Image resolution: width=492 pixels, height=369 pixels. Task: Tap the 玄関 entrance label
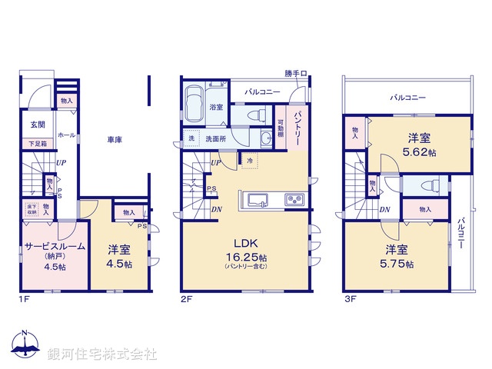[x=38, y=125]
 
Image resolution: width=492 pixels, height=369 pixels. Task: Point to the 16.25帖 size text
[x=246, y=257]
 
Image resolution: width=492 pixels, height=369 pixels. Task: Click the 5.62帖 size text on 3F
[x=419, y=153]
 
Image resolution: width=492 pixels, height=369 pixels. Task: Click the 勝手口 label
[x=294, y=74]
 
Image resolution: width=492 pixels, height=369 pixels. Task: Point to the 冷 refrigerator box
[x=249, y=160]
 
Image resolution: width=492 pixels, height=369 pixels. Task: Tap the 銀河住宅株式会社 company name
[x=102, y=354]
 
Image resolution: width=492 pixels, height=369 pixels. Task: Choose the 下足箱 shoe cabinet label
[x=37, y=143]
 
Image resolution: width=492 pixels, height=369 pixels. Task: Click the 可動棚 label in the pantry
[x=281, y=123]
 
